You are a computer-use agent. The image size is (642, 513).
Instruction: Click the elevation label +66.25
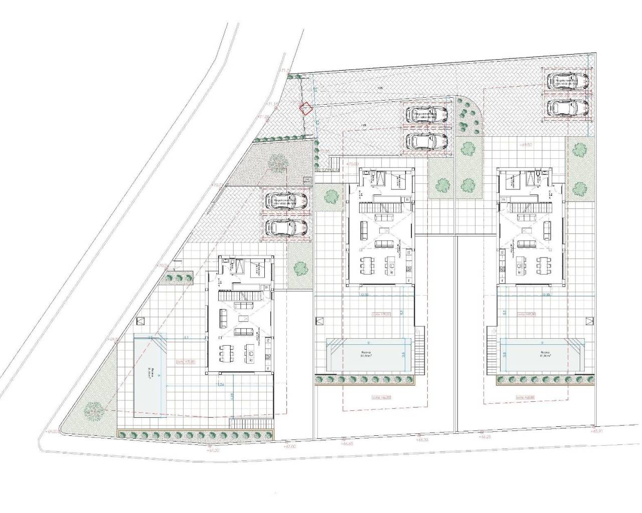484,437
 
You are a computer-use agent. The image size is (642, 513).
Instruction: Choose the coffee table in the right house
525,231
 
